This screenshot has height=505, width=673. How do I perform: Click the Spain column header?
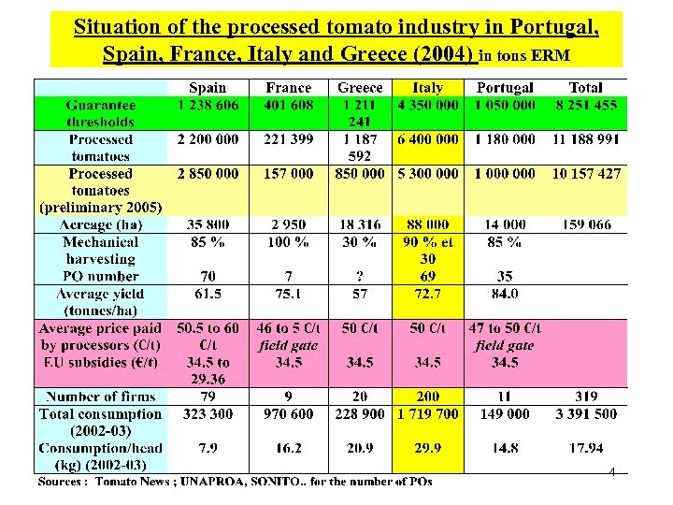coord(208,88)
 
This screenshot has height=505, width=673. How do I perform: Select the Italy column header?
coord(427,88)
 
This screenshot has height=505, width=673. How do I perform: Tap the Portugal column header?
coord(505,88)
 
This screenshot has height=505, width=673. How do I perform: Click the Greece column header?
coord(360,88)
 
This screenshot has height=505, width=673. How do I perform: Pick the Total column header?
coord(585,88)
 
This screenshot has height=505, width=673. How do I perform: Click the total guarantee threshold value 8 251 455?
coord(585,105)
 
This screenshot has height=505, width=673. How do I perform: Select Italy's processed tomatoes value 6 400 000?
coord(427,139)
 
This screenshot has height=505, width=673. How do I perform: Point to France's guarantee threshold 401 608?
coord(289,105)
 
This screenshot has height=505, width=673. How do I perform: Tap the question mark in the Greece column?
coord(360,277)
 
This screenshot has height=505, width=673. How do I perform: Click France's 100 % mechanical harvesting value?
coord(289,241)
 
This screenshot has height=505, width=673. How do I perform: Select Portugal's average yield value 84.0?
coord(505,294)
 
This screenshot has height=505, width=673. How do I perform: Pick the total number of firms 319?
coord(585,397)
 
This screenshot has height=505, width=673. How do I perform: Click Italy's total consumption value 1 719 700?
coord(427,413)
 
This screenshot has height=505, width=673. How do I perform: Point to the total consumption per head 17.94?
coord(585,448)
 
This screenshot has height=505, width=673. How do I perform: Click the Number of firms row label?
coord(101,397)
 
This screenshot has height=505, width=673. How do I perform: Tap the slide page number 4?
coord(611,472)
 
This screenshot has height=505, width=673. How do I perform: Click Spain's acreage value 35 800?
coord(208,224)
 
